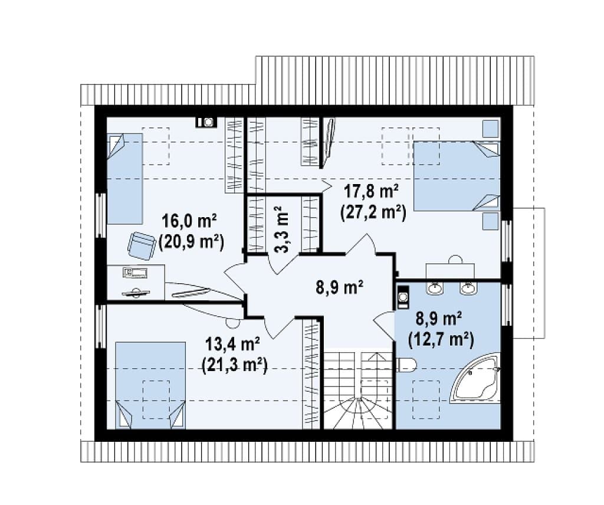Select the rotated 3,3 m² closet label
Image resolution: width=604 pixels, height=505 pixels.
[x=283, y=229]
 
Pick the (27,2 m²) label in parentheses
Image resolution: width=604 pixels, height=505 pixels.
[x=372, y=212]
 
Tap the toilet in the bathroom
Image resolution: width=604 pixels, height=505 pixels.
[x=406, y=366]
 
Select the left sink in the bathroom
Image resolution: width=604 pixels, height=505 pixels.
[x=435, y=288]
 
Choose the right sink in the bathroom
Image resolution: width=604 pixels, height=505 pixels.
[x=468, y=288]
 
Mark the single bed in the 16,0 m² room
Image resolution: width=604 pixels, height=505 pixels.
[x=124, y=179]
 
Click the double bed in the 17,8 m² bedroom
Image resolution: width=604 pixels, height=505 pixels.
[x=456, y=176]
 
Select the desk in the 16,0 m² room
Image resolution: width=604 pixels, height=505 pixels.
[x=136, y=282]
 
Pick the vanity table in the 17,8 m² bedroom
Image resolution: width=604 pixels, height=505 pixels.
[x=450, y=270]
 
